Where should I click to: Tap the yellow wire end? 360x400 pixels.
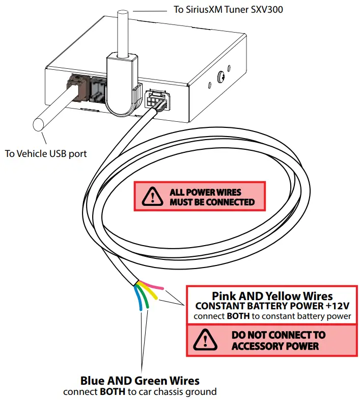156,297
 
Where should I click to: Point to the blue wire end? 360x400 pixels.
141,308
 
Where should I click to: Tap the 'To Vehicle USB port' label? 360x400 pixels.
45,153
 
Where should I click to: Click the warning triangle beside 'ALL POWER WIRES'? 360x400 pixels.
150,197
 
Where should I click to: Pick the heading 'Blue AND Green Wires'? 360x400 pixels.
140,381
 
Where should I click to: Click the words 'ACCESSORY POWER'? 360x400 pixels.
275,346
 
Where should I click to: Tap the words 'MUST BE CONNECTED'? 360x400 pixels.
212,202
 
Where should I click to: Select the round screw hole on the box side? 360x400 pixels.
223,77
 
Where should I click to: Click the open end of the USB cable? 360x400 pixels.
38,125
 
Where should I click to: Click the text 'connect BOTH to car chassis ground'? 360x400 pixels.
140,392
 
